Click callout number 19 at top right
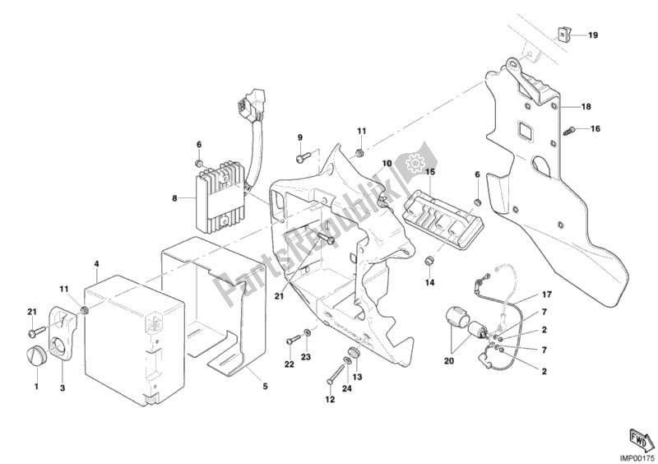click(593, 35)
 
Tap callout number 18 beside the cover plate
click(586, 107)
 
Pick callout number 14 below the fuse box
click(429, 284)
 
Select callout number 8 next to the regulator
click(174, 197)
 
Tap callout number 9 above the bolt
click(300, 137)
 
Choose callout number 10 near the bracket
click(386, 165)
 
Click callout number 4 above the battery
click(96, 264)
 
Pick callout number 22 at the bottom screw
click(290, 364)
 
